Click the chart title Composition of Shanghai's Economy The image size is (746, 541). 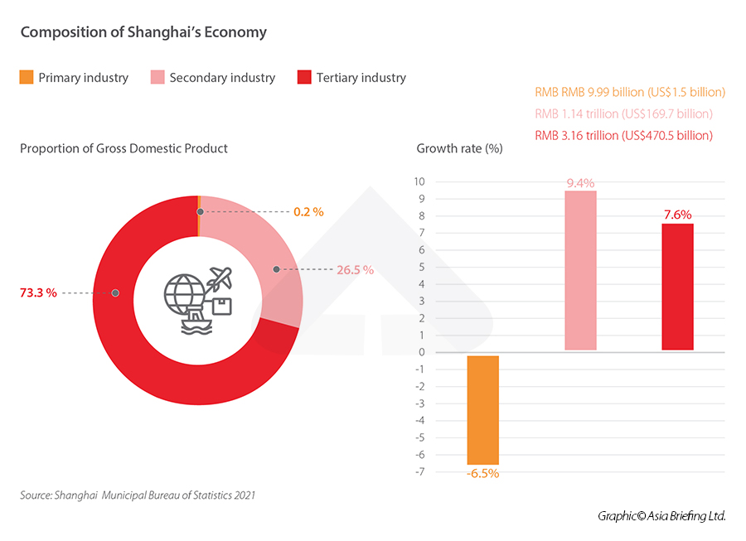pos(143,32)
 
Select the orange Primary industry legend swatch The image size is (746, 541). pos(27,78)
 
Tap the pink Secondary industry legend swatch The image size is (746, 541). pos(157,78)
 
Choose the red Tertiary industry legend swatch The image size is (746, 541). pos(304,78)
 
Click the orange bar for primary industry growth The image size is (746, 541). pos(483,409)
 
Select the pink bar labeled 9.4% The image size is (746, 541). pos(580,270)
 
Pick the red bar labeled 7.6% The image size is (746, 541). pos(677,287)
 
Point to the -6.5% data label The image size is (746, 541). pos(483,473)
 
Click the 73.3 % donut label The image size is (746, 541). pos(38,292)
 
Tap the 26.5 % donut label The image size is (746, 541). pos(356,270)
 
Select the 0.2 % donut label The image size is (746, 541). pos(308,212)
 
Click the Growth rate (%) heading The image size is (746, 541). pos(459,149)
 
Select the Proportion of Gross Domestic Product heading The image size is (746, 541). pos(124,148)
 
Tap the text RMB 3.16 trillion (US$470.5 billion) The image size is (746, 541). pos(623,135)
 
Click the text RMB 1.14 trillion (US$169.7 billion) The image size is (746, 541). pos(623,114)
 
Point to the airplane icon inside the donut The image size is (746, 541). pos(221,277)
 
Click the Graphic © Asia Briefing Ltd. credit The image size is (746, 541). pos(661,516)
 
